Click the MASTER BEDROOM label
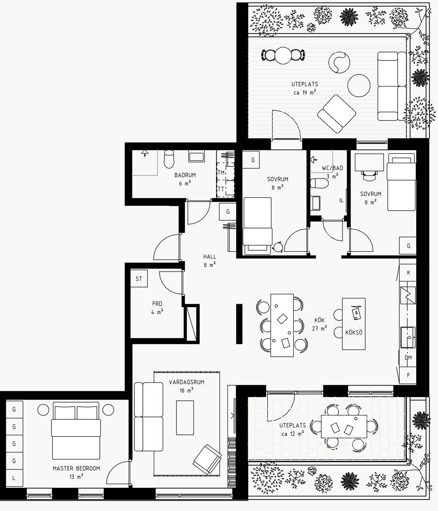tap(76, 468)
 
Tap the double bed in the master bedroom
tap(76, 431)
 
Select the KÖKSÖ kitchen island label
tap(354, 333)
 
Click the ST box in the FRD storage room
tap(139, 279)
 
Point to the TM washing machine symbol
tap(221, 173)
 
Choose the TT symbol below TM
tap(221, 189)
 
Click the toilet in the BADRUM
tap(169, 159)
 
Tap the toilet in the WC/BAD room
tap(319, 183)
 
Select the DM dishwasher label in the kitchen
tap(408, 358)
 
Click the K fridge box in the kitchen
tap(408, 273)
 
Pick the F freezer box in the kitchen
tap(408, 375)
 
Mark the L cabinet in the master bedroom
tap(14, 478)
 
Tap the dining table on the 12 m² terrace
tap(344, 426)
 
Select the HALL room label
tap(210, 257)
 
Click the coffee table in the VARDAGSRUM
tap(185, 417)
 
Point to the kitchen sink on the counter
tap(408, 338)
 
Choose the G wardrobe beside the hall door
tap(228, 211)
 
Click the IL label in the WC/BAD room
tap(341, 201)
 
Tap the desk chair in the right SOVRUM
tap(369, 175)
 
